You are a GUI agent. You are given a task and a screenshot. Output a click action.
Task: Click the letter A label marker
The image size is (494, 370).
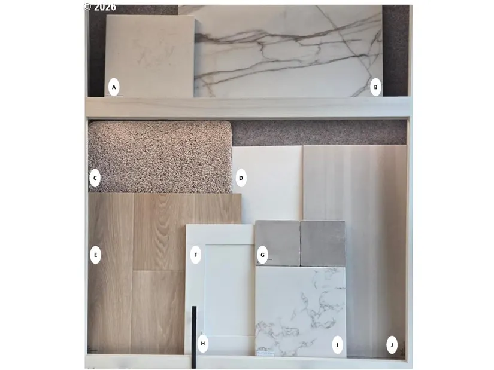click(114, 87)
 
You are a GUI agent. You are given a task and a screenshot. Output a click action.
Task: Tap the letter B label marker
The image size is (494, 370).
click(375, 87)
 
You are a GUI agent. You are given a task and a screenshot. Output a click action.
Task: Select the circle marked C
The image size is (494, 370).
click(95, 178)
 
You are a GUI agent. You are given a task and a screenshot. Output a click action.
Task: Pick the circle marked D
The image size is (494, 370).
click(241, 178)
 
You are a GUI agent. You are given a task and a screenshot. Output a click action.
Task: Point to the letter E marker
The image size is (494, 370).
click(95, 255)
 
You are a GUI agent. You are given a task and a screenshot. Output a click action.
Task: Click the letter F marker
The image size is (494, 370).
click(196, 255)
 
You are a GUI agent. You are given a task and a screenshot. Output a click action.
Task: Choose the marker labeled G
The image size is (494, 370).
click(262, 255)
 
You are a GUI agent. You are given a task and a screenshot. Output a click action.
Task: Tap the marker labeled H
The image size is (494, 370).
click(202, 344)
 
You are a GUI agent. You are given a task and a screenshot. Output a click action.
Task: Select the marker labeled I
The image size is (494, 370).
click(338, 345)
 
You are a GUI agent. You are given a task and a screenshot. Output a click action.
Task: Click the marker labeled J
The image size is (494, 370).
click(392, 345)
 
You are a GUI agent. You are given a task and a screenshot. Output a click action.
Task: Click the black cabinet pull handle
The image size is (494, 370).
click(194, 337)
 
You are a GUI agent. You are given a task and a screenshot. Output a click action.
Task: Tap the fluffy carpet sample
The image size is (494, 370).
click(160, 157)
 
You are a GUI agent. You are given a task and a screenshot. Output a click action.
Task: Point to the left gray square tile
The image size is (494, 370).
click(277, 243)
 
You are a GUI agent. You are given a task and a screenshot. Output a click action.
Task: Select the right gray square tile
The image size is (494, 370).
click(323, 243)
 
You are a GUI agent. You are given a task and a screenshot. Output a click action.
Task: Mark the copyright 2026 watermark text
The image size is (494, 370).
click(100, 7)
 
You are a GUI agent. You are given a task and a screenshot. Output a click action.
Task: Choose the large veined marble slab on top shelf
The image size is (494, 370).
click(289, 51)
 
